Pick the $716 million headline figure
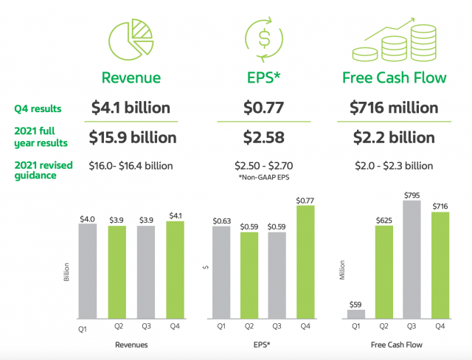pyautogui.click(x=393, y=107)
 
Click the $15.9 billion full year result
pyautogui.click(x=133, y=136)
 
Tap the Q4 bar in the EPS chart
pyautogui.click(x=305, y=261)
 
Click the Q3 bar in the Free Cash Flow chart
pyautogui.click(x=412, y=259)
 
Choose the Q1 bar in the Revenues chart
pyautogui.click(x=88, y=270)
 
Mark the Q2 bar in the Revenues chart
pyautogui.click(x=117, y=271)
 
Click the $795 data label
pyautogui.click(x=412, y=194)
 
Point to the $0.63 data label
pyautogui.click(x=223, y=220)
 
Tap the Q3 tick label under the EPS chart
pyautogui.click(x=277, y=325)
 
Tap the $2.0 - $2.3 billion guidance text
pyautogui.click(x=392, y=165)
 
